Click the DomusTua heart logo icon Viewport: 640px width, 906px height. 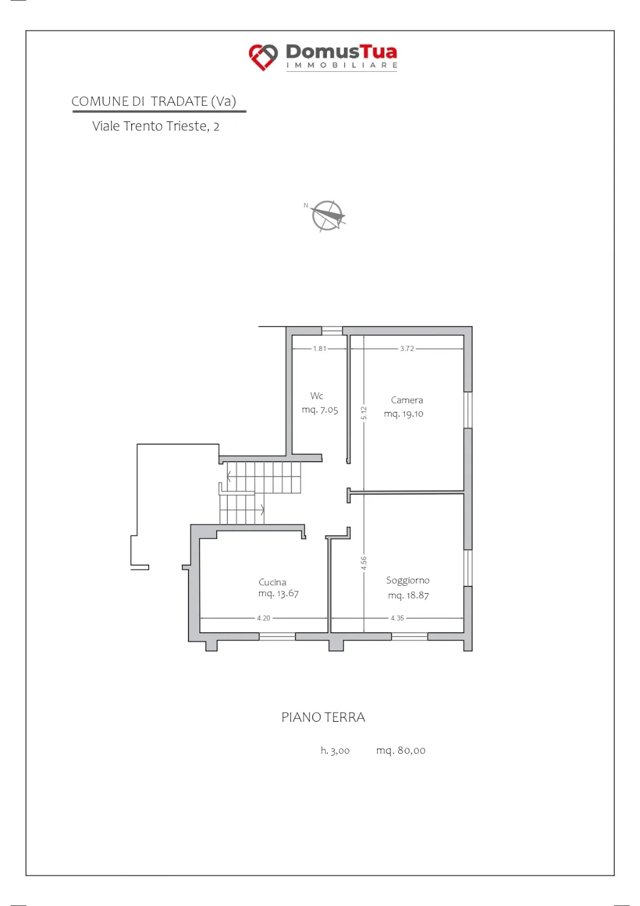(x=263, y=57)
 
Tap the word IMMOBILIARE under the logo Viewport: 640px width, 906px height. (x=341, y=65)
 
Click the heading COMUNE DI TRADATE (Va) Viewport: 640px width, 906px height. (x=154, y=101)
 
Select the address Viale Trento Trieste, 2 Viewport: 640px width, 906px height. (x=156, y=126)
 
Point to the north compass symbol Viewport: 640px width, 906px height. (x=327, y=216)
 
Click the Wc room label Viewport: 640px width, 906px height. (x=317, y=396)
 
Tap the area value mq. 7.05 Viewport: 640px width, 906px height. (x=320, y=410)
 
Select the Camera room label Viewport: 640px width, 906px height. (x=407, y=400)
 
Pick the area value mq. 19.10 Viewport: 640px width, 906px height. (x=404, y=414)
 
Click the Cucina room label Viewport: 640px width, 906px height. (x=273, y=582)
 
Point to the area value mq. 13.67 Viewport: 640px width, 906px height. (x=279, y=594)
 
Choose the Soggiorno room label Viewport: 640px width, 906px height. (x=408, y=581)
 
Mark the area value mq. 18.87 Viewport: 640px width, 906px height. (x=409, y=596)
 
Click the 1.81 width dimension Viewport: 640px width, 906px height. (x=319, y=349)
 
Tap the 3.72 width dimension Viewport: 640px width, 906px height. (x=407, y=349)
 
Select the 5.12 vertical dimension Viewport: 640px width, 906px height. (x=364, y=413)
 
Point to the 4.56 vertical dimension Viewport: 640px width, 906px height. (x=364, y=563)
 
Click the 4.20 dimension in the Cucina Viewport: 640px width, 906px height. (x=263, y=618)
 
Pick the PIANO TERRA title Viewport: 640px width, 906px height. (x=323, y=717)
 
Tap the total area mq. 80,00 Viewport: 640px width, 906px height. (x=401, y=751)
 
